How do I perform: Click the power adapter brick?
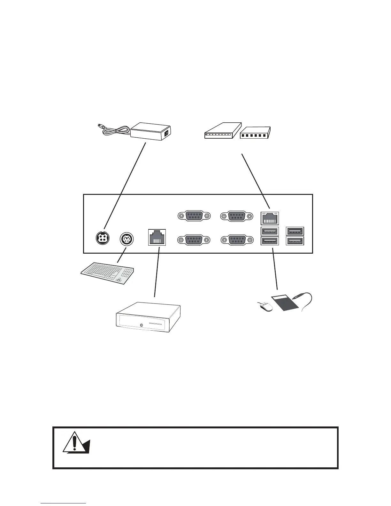pos(151,131)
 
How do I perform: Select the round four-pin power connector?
pos(103,238)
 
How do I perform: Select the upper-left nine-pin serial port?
pos(194,216)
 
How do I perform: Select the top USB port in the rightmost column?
pos(295,231)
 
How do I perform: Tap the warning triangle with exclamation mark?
pos(75,442)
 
